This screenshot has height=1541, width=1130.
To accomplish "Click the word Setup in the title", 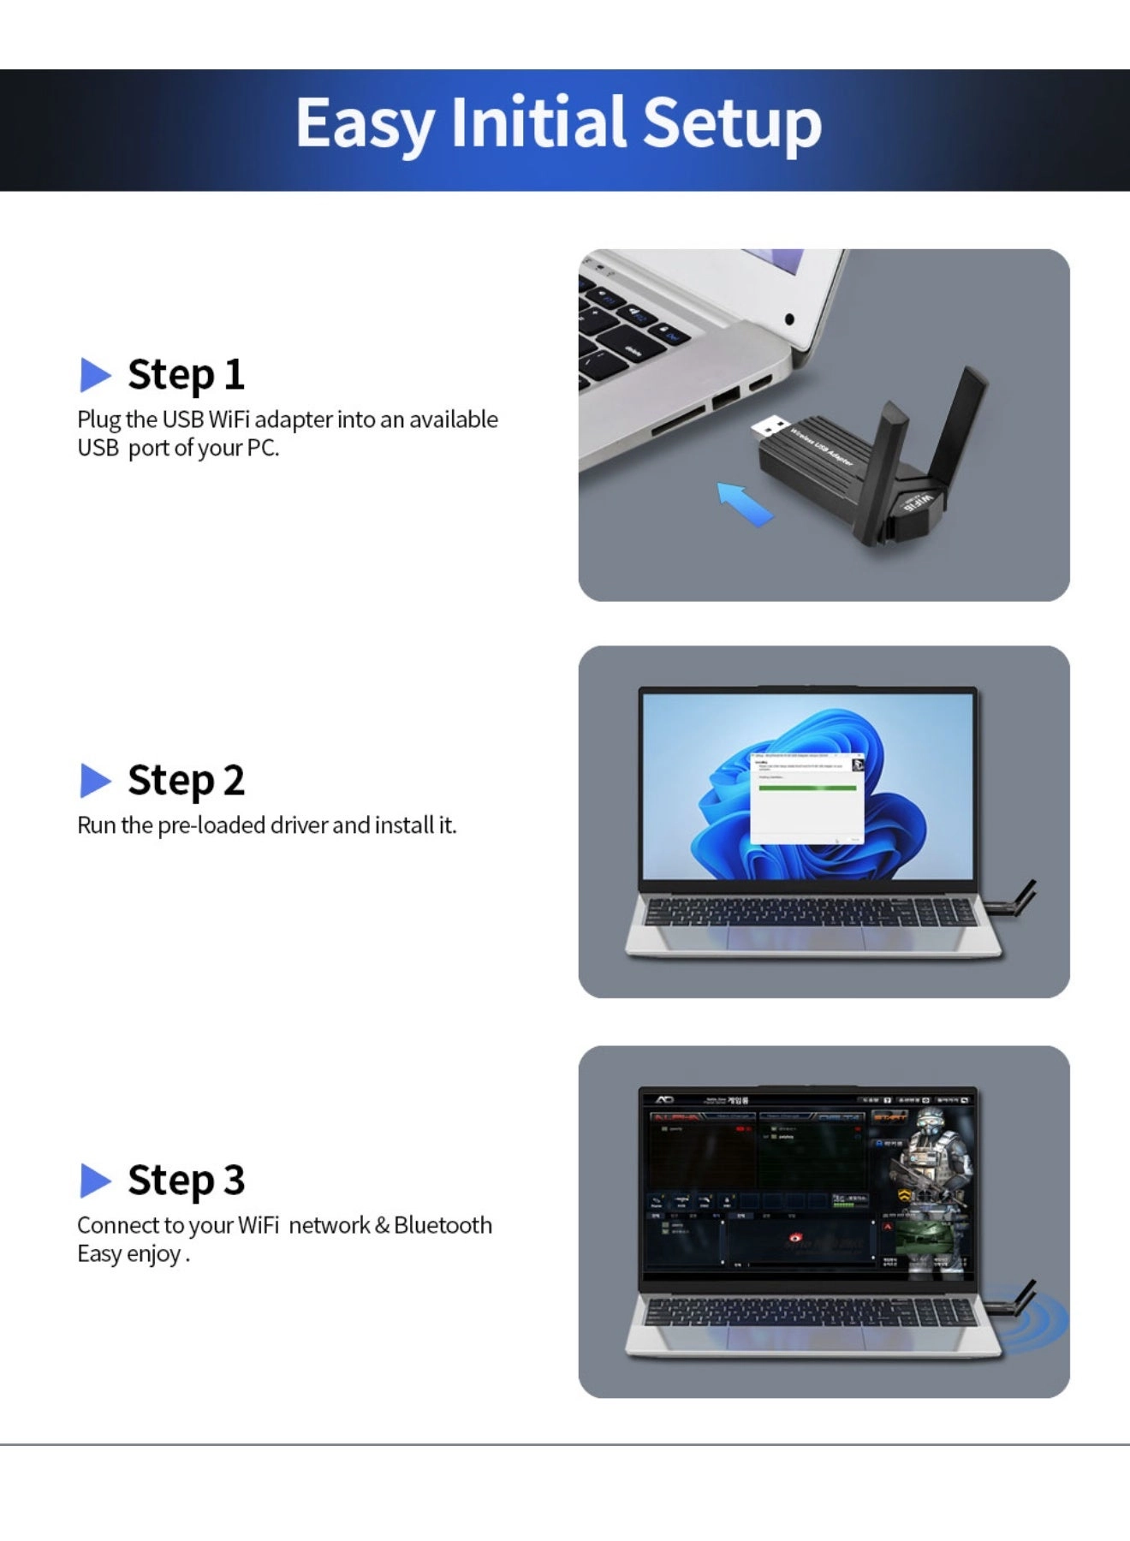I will point(731,122).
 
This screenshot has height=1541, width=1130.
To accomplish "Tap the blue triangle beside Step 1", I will point(94,375).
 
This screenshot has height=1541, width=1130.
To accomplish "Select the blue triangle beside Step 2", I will point(94,780).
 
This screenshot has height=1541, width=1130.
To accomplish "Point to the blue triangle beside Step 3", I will point(94,1180).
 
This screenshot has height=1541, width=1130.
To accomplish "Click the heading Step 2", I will point(186,780).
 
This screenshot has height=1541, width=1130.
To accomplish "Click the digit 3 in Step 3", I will point(234,1180).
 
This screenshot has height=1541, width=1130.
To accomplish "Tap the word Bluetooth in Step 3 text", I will point(443,1225).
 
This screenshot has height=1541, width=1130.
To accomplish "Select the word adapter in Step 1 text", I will point(293,419).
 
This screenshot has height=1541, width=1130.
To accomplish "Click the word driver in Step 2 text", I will point(299,825).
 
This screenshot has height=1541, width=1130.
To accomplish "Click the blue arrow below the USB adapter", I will point(743,503).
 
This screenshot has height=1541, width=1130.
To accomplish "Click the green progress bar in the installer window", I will point(806,788).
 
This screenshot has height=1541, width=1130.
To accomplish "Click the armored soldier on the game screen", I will point(930,1181).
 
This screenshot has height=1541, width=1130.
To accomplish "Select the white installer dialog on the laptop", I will point(806,800).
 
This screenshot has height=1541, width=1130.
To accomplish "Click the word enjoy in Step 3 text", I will point(153,1254).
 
